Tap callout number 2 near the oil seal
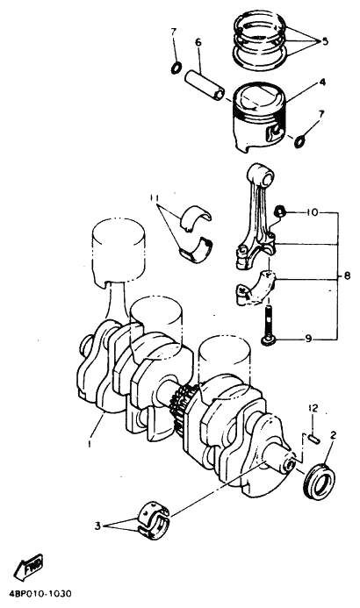click(332, 434)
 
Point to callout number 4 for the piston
click(323, 82)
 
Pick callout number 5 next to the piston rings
click(325, 40)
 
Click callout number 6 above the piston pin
click(198, 42)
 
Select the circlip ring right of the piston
click(302, 139)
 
